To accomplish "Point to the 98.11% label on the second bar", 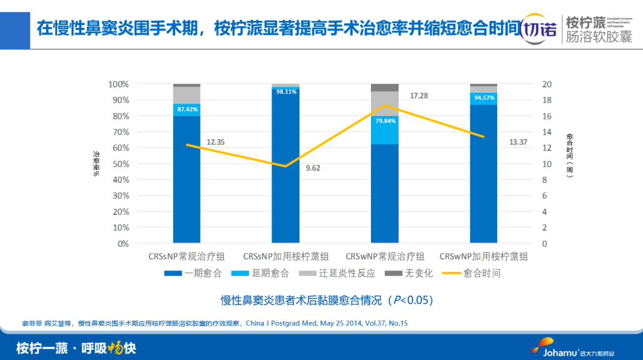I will (x=286, y=92).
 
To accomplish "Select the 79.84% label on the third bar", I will (x=385, y=120).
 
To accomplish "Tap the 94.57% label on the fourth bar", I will (x=483, y=98).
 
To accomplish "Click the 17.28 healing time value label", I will (x=419, y=96).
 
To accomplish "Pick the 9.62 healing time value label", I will (x=313, y=168).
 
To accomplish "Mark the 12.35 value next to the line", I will (x=216, y=142).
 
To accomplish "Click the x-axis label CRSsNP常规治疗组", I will (x=186, y=256).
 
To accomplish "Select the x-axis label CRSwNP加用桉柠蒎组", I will (x=483, y=256).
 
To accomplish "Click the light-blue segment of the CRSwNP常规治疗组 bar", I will (x=385, y=132).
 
